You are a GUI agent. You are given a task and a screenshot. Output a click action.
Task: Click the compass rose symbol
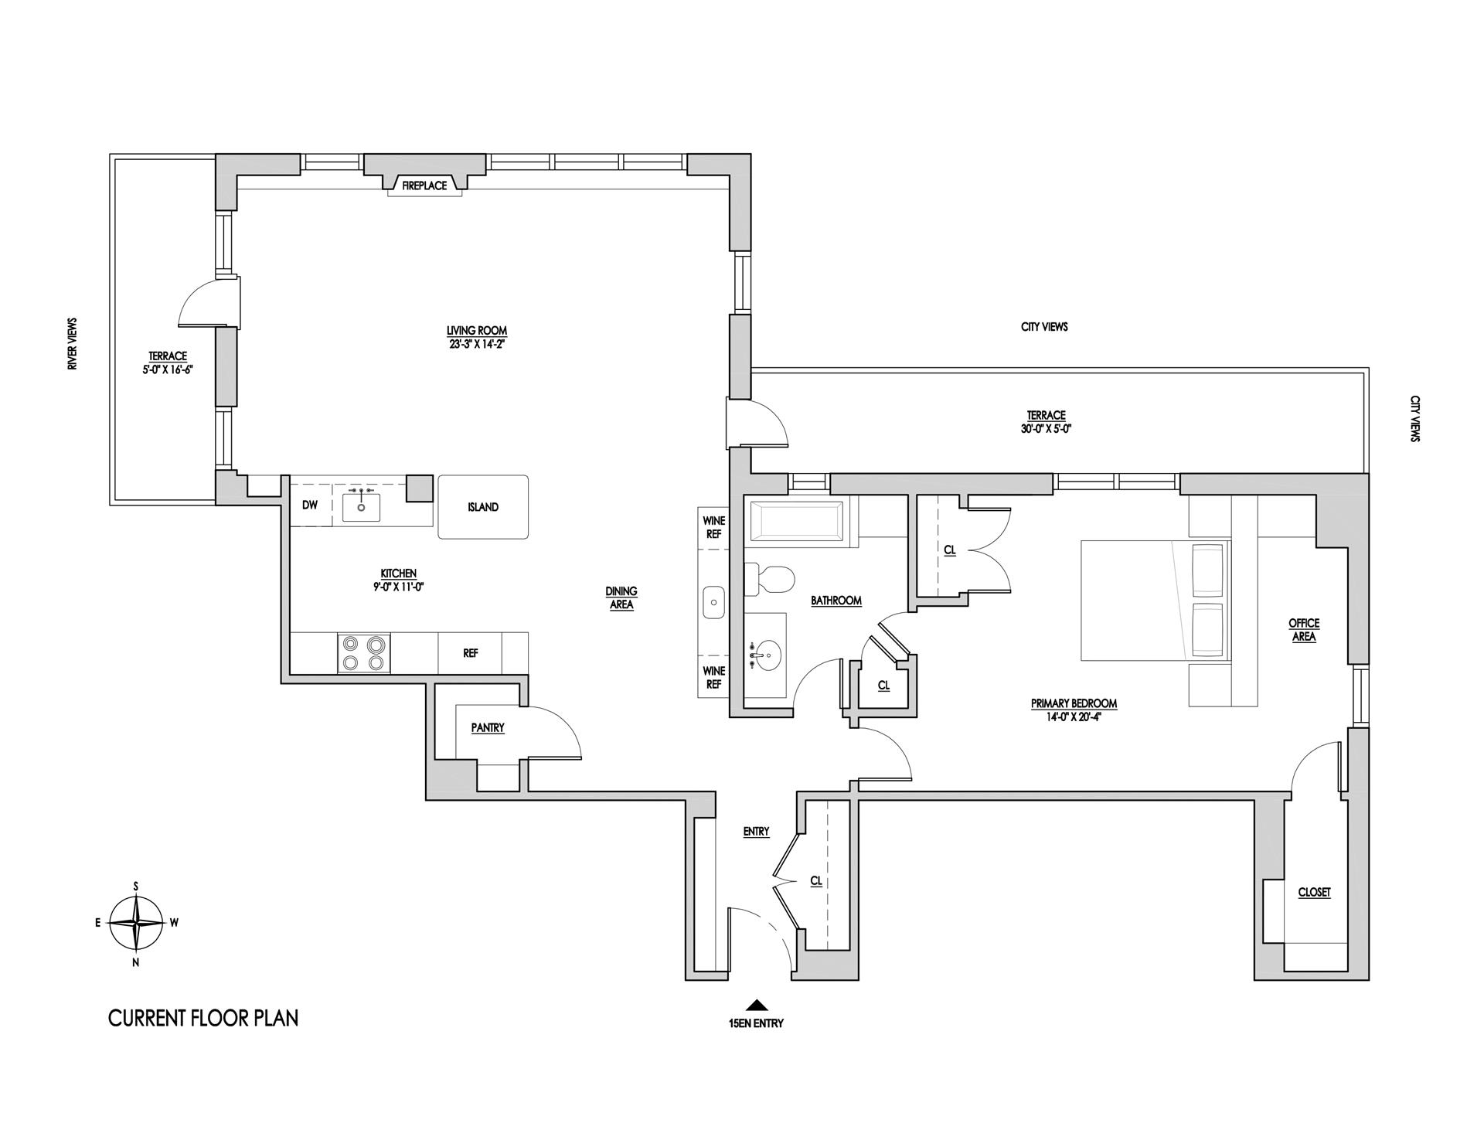point(136,923)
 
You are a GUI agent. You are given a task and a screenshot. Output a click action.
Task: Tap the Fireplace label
point(424,185)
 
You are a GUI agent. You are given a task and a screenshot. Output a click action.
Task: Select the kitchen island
point(483,507)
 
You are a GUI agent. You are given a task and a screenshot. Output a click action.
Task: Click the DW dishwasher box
point(310,505)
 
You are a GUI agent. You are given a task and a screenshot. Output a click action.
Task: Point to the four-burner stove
point(364,653)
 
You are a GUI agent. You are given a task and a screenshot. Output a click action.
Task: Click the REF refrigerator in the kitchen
point(471,653)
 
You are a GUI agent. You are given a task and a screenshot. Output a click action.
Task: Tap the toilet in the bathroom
point(770,580)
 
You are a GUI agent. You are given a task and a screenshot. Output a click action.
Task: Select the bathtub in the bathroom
point(796,523)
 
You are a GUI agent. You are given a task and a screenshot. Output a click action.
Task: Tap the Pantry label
point(488,728)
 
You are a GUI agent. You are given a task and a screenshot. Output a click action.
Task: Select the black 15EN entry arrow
point(756,1005)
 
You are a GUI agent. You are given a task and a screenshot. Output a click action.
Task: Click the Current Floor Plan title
point(203,1018)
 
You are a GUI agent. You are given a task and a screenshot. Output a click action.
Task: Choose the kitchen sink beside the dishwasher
point(361,506)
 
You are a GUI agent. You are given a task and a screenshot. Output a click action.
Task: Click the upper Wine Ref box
point(713,527)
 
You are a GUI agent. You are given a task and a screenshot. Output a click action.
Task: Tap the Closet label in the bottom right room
point(1314,892)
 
